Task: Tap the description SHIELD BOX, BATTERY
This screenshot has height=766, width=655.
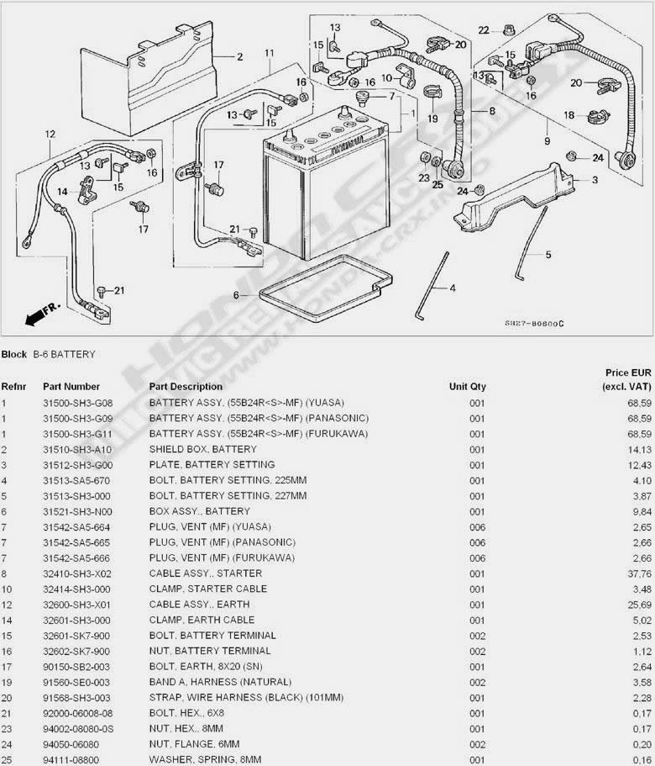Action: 202,449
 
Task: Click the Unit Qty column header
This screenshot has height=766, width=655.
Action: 467,387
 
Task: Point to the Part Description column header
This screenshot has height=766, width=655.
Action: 186,387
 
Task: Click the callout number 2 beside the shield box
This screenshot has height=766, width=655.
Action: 239,57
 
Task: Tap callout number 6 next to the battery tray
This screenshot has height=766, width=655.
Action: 237,295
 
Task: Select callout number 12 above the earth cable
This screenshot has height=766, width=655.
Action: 50,134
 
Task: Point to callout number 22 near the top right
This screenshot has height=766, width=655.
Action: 484,30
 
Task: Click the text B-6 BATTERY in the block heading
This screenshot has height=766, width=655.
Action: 64,355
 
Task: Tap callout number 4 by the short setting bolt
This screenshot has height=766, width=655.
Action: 453,288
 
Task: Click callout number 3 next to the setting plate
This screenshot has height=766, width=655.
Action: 595,179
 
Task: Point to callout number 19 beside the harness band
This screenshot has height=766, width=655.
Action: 432,119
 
